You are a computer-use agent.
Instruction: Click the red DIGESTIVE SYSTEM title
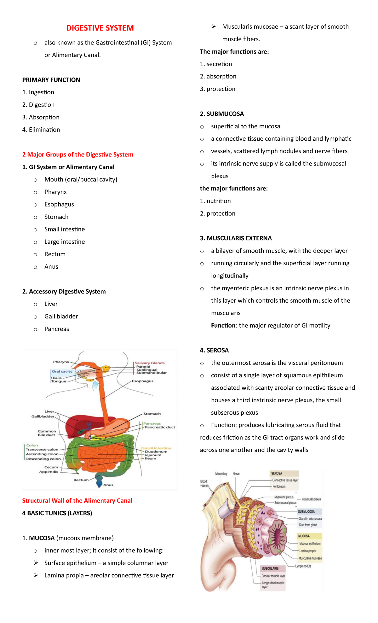click(x=100, y=28)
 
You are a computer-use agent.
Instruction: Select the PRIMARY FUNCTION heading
click(x=51, y=80)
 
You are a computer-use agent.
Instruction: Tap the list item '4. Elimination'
click(x=41, y=130)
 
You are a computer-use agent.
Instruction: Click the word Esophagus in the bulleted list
click(x=59, y=204)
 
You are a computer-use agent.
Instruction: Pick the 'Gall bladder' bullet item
click(x=61, y=316)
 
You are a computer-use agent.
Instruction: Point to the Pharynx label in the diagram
click(x=61, y=362)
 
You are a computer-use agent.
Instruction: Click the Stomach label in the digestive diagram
click(x=152, y=414)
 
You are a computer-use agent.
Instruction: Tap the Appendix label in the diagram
click(x=49, y=472)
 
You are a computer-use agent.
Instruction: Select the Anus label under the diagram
click(x=108, y=485)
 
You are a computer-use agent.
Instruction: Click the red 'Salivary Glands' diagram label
click(x=150, y=363)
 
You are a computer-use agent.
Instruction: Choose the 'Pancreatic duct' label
click(x=160, y=427)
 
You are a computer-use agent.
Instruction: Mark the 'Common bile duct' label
click(x=47, y=433)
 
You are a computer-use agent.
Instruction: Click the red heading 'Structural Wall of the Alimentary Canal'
click(x=77, y=501)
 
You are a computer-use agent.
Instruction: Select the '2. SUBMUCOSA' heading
click(x=222, y=114)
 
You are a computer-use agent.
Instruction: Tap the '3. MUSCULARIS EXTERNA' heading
click(x=236, y=238)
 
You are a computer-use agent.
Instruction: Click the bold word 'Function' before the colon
click(x=223, y=325)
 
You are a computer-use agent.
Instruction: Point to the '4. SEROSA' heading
click(x=214, y=350)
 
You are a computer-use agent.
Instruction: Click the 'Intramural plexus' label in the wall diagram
click(x=311, y=499)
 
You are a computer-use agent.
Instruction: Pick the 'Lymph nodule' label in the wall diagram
click(x=303, y=566)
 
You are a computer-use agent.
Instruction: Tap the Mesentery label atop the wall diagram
click(x=221, y=474)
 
